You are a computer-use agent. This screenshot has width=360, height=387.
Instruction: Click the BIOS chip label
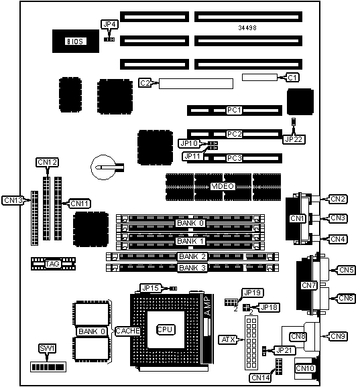tap(76, 42)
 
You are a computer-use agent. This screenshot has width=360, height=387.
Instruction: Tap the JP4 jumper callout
tap(109, 24)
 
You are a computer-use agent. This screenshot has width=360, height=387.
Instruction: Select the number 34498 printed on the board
tap(247, 28)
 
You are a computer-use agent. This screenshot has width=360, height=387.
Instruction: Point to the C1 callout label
tap(292, 78)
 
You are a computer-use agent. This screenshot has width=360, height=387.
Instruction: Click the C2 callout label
tap(145, 83)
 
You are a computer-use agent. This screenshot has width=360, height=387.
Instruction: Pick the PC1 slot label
tap(234, 110)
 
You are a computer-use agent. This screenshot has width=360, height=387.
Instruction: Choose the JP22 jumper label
tap(294, 139)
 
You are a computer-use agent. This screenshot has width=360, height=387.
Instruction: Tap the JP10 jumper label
tap(189, 143)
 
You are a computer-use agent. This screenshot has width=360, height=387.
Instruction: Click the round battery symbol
tap(103, 167)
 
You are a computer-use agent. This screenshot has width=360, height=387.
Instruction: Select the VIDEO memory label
tap(223, 186)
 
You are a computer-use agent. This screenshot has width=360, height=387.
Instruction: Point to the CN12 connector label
tap(47, 162)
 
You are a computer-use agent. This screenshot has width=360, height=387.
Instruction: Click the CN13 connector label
tap(13, 200)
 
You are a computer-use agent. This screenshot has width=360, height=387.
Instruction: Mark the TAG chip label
tap(53, 264)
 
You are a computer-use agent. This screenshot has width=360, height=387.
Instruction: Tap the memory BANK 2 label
tap(192, 256)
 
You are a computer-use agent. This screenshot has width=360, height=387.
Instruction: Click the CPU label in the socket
tap(166, 329)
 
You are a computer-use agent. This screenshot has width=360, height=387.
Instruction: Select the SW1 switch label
tap(47, 348)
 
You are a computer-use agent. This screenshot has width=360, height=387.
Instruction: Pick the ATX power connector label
tap(228, 340)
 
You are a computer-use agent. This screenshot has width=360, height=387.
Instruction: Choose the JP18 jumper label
tap(269, 307)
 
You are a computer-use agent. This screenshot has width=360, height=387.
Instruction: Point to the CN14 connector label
tap(261, 378)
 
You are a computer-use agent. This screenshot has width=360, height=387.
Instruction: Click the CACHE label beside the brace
tap(128, 331)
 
